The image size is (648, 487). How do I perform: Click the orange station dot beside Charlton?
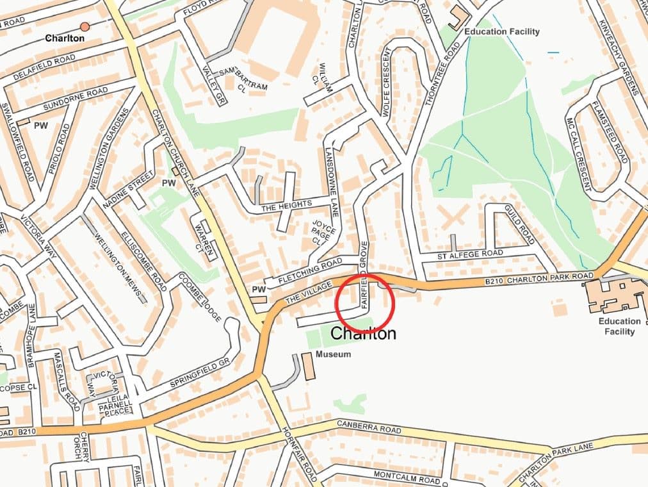click(85, 26)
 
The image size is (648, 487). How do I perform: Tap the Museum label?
click(333, 354)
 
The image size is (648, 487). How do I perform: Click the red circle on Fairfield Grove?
click(364, 303)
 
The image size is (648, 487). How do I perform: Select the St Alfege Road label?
click(470, 254)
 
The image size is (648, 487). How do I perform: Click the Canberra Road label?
click(370, 428)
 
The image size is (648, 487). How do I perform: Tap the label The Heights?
click(286, 204)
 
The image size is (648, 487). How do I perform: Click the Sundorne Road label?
click(75, 99)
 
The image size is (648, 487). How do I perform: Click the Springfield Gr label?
click(199, 375)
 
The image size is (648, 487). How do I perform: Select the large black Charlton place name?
click(363, 334)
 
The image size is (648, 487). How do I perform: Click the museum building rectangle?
click(308, 366)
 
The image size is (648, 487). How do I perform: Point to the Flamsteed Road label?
click(610, 131)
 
